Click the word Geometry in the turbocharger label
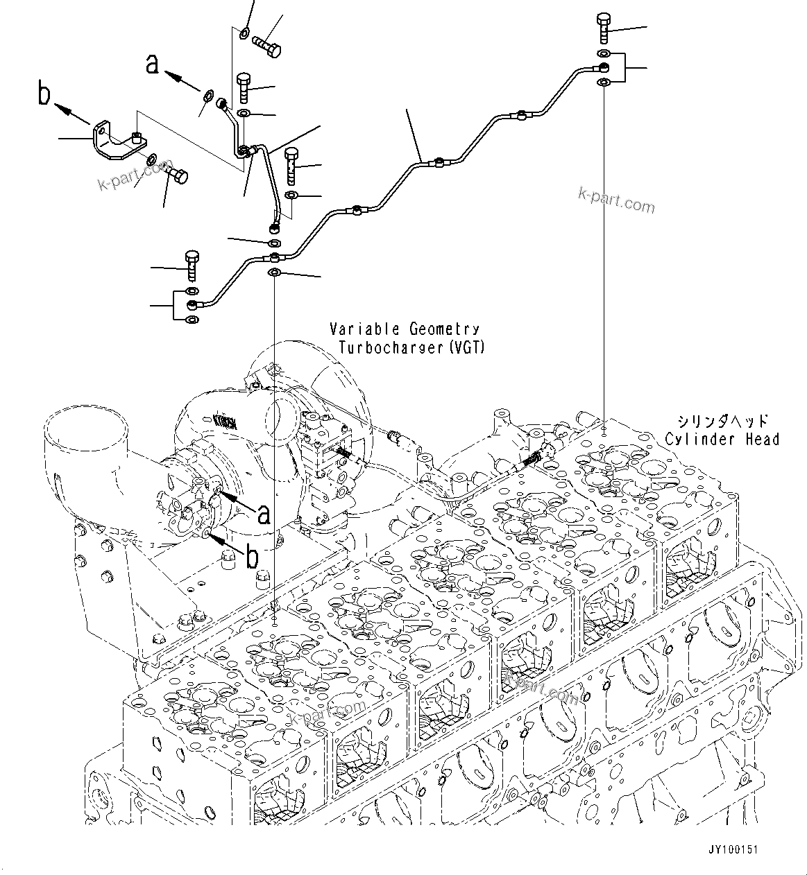pos(443,329)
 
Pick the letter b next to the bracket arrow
pos(44,94)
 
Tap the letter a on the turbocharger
pos(263,514)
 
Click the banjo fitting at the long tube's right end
pos(604,67)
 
